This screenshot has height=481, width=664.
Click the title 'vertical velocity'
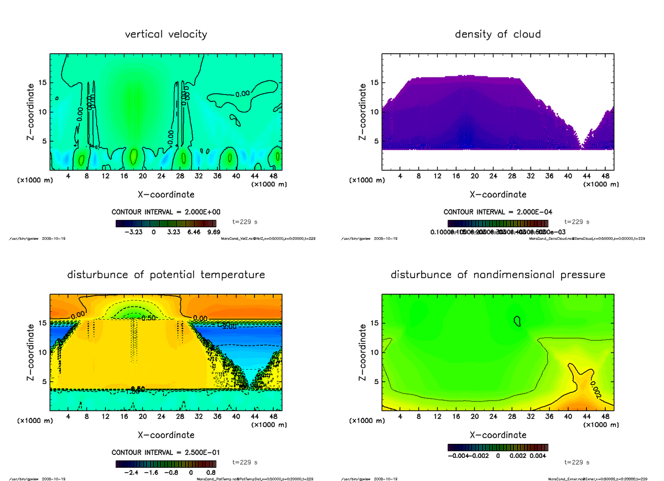point(166,34)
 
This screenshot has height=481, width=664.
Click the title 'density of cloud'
point(497,34)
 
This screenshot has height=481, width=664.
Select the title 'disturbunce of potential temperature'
point(166,275)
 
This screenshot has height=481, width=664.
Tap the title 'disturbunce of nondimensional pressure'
point(497,275)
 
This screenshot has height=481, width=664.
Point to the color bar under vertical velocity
point(166,223)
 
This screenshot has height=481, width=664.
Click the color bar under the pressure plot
point(497,447)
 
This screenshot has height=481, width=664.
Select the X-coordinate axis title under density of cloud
point(497,195)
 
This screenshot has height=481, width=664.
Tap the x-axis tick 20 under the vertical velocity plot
point(143,177)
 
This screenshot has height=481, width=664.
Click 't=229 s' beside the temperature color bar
point(245,462)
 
